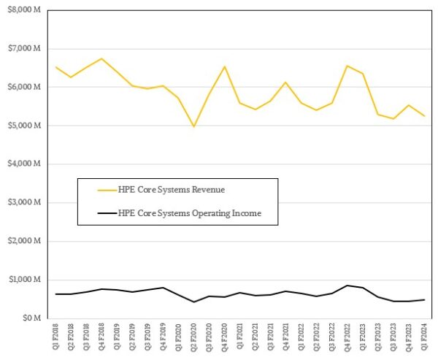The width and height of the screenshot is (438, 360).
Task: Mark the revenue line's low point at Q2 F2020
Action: point(193,126)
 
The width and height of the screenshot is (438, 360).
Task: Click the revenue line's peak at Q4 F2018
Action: point(101,58)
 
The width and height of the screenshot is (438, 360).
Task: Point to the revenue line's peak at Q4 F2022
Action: point(347,66)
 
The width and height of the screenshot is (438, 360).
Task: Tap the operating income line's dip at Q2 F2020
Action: point(193,302)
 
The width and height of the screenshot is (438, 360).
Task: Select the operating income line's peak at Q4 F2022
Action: point(347,286)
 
